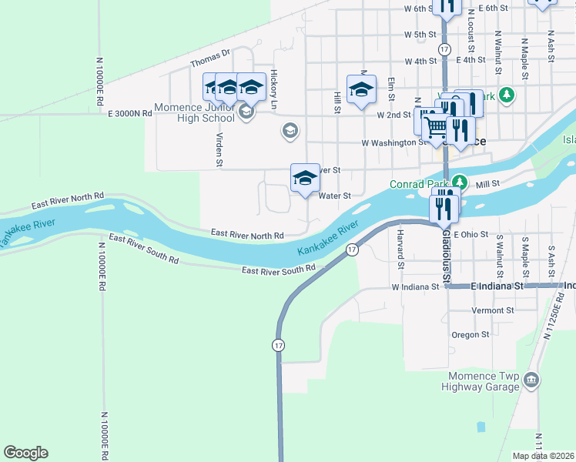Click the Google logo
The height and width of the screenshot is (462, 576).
coord(25,453)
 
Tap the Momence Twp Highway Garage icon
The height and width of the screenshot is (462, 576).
coord(531,380)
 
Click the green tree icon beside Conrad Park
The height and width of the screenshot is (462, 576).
coord(460,182)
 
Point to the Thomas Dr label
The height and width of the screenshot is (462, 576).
coord(210,58)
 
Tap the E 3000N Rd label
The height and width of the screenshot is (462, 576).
coord(130,113)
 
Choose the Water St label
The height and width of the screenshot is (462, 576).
coord(335,196)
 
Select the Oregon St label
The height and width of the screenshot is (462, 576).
coord(471,335)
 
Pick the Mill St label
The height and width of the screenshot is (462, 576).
coord(488,184)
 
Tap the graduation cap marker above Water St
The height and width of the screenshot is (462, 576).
coord(305,179)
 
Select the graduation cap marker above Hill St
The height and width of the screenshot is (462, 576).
coord(361,90)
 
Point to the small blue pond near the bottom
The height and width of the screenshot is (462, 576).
coord(481,426)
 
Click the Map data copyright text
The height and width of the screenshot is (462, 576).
coord(543,456)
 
